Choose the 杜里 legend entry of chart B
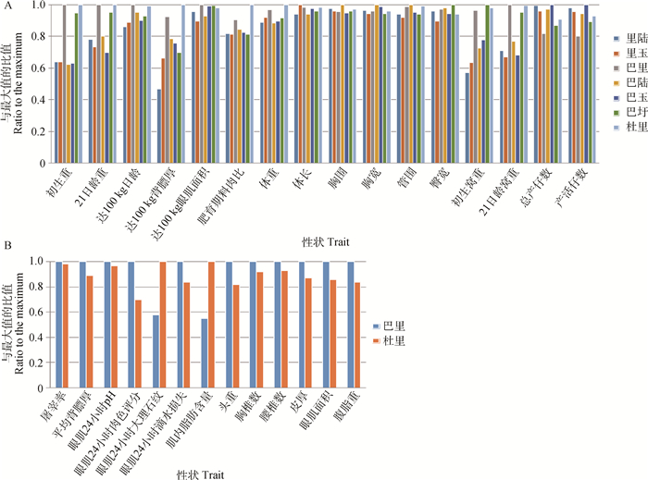click(x=396, y=343)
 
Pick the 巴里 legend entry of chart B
click(x=396, y=326)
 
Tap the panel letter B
click(x=6, y=248)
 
